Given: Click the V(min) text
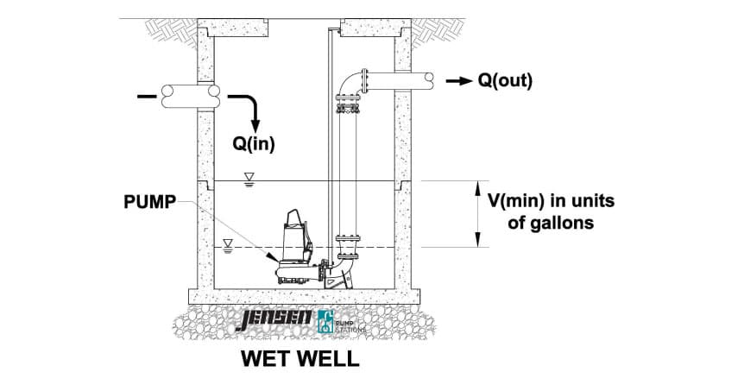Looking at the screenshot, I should click(x=516, y=202).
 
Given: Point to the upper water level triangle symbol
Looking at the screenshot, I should click(x=249, y=180).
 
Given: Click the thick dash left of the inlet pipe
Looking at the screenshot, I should click(x=142, y=95).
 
